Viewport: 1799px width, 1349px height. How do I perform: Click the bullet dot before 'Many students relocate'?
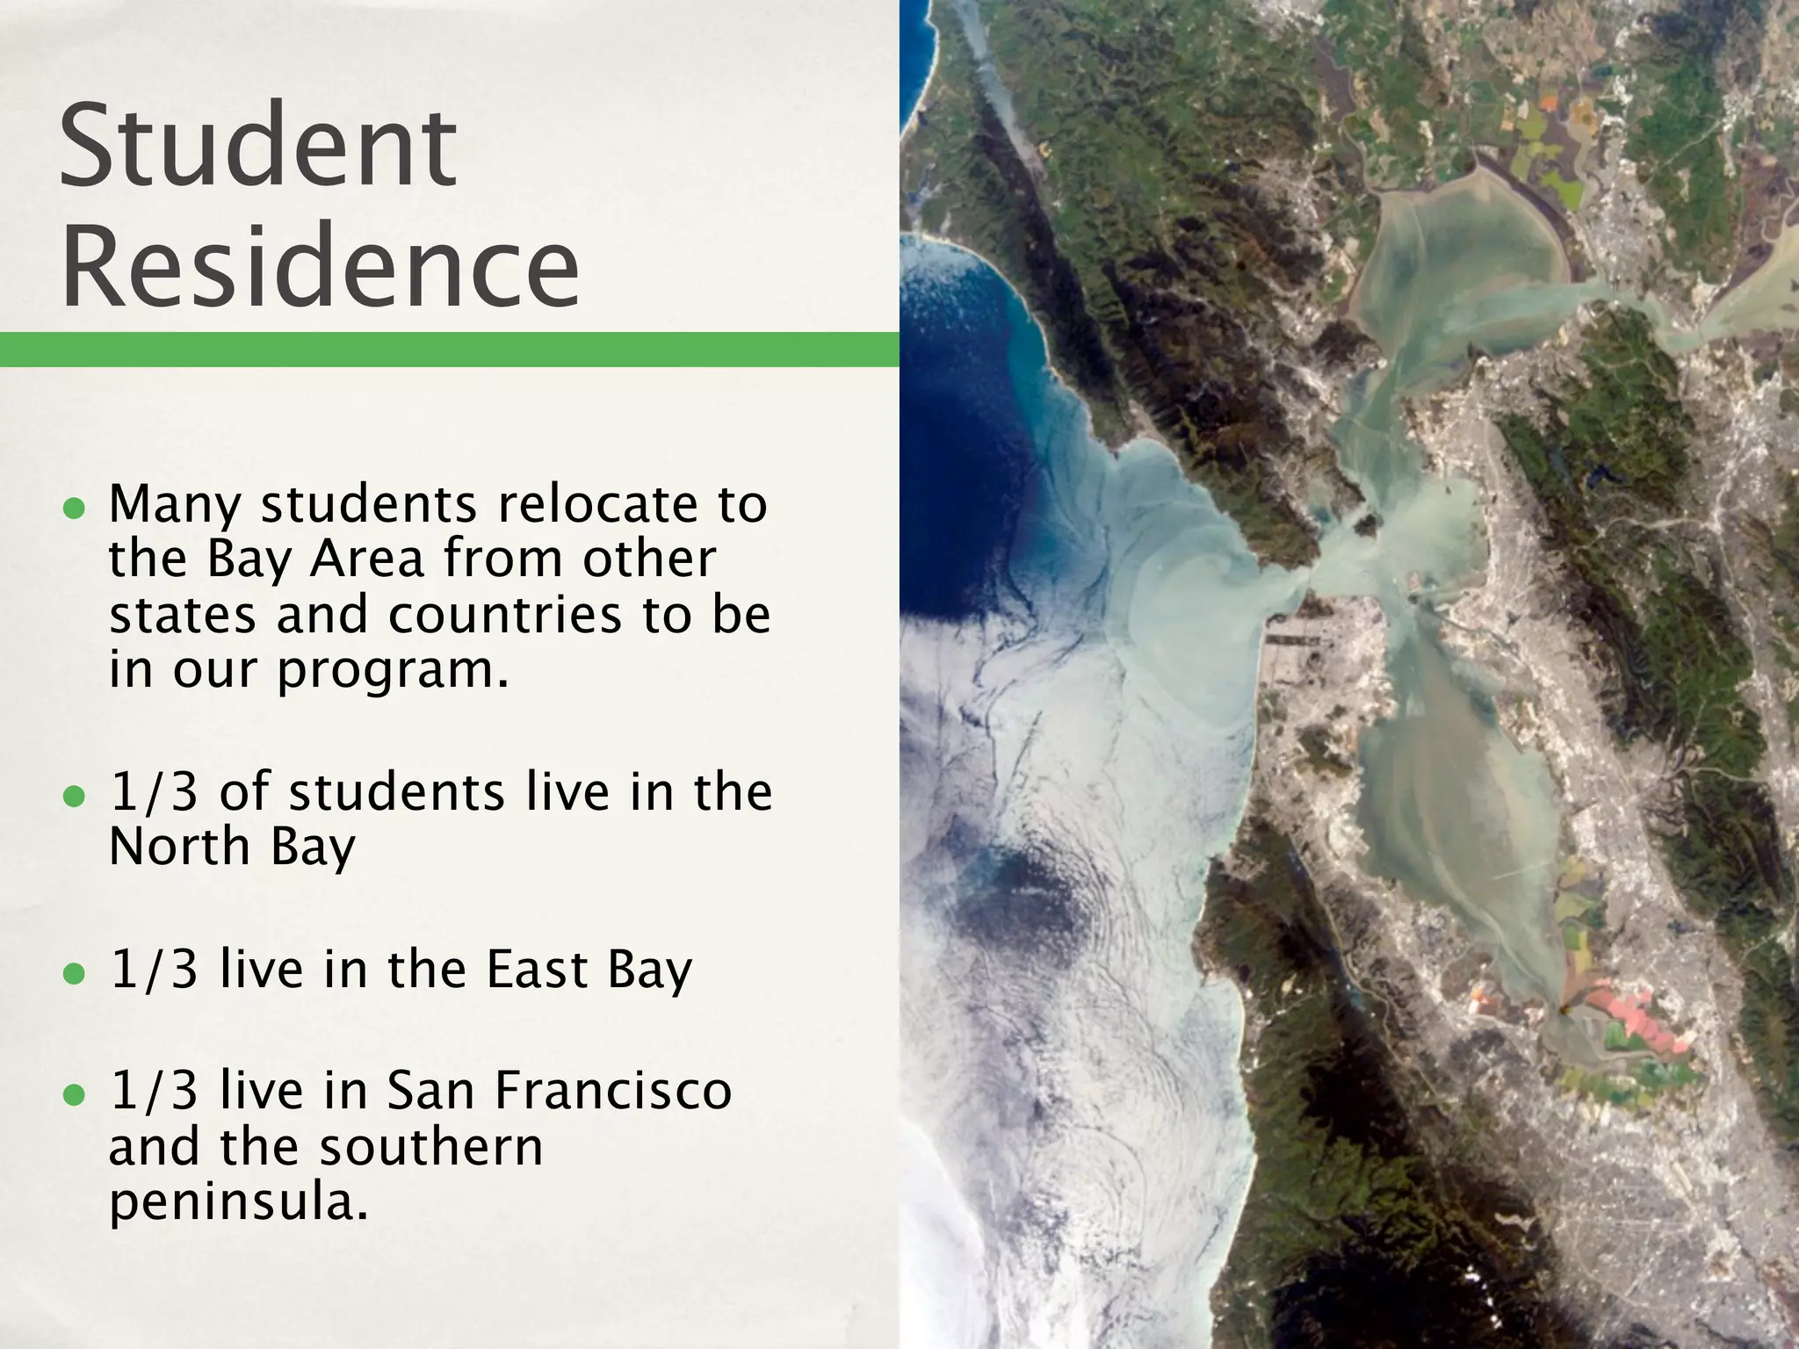coord(75,509)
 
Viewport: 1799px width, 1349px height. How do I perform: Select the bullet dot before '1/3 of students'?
coord(75,796)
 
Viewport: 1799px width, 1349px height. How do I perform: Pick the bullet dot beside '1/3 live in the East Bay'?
coord(75,973)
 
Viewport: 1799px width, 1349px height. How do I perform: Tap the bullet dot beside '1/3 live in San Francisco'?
coord(75,1094)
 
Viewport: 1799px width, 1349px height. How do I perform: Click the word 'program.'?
coord(394,671)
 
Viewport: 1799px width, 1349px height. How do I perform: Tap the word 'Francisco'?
coord(612,1091)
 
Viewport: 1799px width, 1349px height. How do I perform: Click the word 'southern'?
coord(431,1147)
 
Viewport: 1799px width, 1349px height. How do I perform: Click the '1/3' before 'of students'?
coord(154,792)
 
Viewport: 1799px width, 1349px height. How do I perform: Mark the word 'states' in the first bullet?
coord(183,615)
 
